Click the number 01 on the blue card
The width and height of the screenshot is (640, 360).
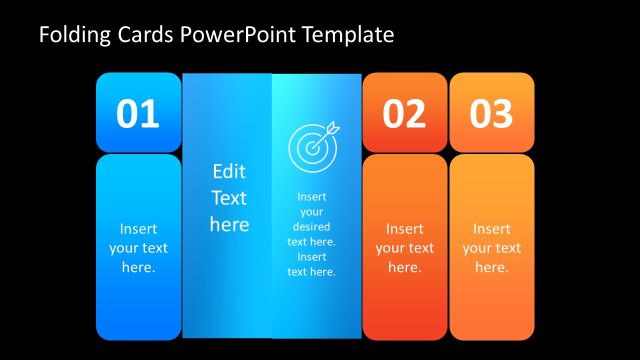[x=138, y=114]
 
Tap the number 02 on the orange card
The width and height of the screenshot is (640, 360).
[x=405, y=114]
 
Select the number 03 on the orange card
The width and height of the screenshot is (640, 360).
[x=491, y=114]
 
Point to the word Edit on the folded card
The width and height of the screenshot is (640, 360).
[x=229, y=171]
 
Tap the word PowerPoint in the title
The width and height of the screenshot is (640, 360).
[x=231, y=36]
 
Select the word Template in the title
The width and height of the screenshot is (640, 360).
[x=341, y=36]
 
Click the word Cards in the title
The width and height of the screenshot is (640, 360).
[x=146, y=36]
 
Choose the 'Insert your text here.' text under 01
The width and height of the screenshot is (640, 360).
[x=138, y=248]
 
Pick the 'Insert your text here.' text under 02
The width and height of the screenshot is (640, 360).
[x=405, y=248]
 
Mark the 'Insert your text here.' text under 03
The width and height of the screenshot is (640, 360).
[x=491, y=248]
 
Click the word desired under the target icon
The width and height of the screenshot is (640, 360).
[x=312, y=227]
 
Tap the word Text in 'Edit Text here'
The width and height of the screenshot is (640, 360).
[x=229, y=198]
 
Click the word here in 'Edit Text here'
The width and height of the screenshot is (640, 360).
[x=229, y=224]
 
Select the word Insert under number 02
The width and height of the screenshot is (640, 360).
[x=405, y=229]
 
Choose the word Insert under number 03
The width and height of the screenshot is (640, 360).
[x=491, y=229]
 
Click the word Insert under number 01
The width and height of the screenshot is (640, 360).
[x=138, y=229]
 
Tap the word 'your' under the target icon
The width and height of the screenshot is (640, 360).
[x=312, y=212]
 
